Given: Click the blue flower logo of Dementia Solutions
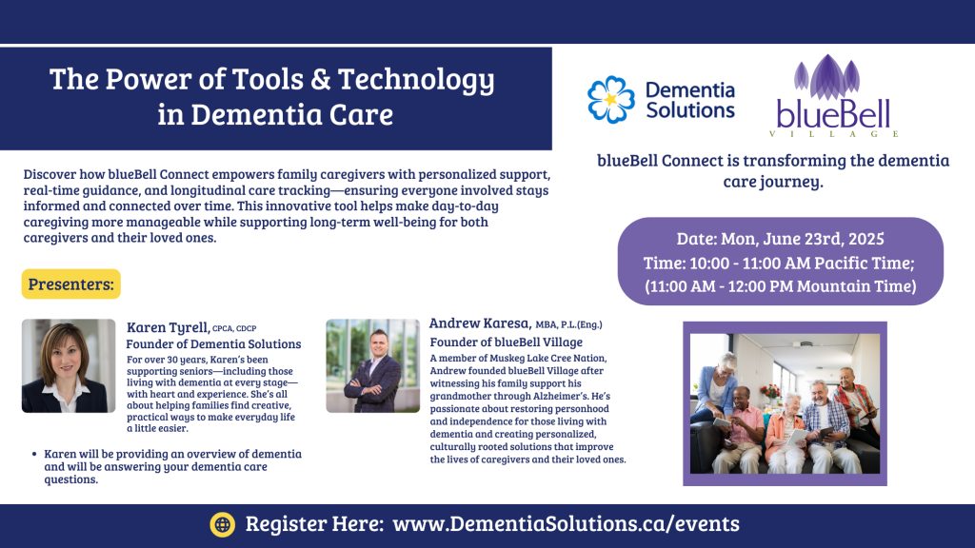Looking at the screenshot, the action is [x=611, y=99].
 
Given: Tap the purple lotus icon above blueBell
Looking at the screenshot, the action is [x=827, y=77].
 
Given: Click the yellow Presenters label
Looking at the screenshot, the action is [x=70, y=284].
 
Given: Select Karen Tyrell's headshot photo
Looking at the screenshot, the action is [x=69, y=366].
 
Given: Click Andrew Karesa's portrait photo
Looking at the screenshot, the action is [x=372, y=366].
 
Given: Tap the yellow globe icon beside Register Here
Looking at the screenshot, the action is [x=223, y=524].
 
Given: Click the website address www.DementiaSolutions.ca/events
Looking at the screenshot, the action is [x=566, y=524].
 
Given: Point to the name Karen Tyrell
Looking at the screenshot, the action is [x=168, y=327].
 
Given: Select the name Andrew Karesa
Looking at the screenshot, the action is [x=480, y=323].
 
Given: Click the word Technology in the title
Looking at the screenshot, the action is [x=416, y=80].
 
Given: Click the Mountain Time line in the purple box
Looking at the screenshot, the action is [x=781, y=285].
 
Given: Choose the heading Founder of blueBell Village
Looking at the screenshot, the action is [x=507, y=342].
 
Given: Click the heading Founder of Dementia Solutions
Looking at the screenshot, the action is [x=213, y=343].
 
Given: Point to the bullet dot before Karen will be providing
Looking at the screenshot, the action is [x=34, y=454].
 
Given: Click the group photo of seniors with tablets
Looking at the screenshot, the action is [x=785, y=403].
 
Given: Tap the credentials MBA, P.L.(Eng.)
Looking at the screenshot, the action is [x=569, y=324].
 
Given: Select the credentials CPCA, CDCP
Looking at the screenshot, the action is [x=234, y=328].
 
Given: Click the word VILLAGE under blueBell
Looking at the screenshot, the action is [x=834, y=133].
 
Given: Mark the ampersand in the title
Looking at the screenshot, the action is [x=321, y=80].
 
